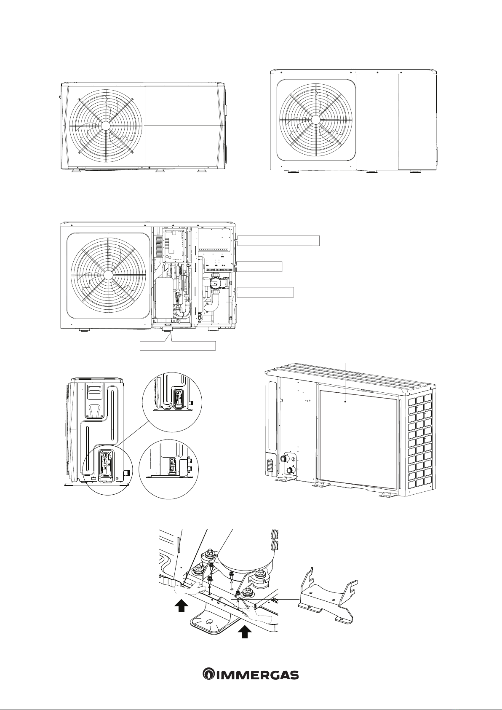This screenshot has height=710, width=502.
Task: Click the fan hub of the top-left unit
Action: click(106, 125)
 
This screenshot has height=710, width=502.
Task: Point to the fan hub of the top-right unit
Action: click(315, 120)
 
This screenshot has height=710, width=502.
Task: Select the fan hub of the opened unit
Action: click(108, 274)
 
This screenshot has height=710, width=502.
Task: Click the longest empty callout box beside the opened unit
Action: click(278, 241)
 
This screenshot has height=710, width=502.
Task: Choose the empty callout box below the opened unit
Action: click(178, 346)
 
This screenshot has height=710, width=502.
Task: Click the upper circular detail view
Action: click(172, 402)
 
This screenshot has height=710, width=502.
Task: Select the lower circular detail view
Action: click(169, 469)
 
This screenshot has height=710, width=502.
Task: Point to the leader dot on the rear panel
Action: click(345, 401)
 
